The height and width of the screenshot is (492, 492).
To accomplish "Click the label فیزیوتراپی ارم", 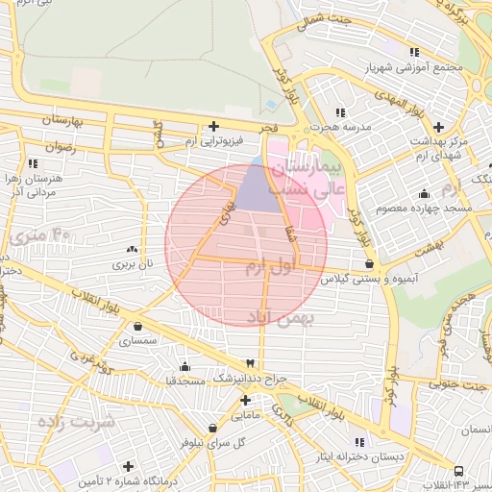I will pos(212,142).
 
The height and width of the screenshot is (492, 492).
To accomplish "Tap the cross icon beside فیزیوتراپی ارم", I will pos(213,126).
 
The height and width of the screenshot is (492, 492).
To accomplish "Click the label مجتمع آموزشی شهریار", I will pos(414,68).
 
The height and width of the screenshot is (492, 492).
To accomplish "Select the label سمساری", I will pos(138,340).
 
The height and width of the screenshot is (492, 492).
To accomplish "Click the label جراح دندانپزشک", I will pos(251,380).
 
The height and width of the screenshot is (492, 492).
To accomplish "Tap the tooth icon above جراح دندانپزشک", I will pos(251,363).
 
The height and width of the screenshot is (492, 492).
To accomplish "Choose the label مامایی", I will pos(246,416).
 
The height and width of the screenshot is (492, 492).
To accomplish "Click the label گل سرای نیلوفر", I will pos(212,444).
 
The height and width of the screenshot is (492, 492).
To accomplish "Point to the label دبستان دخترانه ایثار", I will pos(360,457).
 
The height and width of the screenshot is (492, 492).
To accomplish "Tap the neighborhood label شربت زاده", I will pos(76,420).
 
